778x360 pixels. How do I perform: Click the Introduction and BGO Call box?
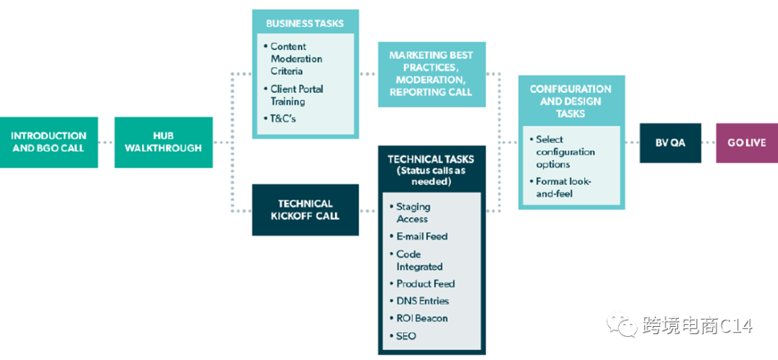[x=48, y=142]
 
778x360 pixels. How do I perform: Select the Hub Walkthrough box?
[x=163, y=142]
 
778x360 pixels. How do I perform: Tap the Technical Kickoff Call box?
[x=305, y=210]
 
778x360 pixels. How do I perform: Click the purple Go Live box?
[x=746, y=143]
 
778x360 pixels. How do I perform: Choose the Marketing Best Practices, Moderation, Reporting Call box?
[x=431, y=74]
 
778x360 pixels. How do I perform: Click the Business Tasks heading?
[x=304, y=23]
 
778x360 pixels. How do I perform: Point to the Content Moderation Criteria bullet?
[x=296, y=59]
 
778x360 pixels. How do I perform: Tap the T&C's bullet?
[x=283, y=118]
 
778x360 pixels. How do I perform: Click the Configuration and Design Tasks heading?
[x=571, y=101]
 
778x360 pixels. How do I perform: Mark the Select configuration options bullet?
[x=565, y=152]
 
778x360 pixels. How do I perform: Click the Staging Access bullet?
[x=413, y=212]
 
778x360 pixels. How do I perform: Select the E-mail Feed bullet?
[x=421, y=236]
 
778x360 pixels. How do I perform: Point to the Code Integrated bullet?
[x=419, y=260]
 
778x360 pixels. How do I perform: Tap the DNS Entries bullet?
[x=422, y=301]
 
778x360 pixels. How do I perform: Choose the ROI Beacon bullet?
[x=421, y=318]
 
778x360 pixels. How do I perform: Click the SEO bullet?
[x=406, y=336]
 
